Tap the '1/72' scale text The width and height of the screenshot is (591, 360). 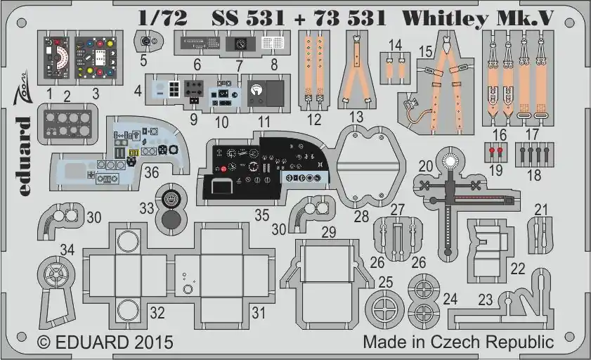[x=163, y=18]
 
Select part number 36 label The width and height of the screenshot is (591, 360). [x=152, y=172]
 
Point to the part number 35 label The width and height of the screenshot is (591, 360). [x=262, y=215]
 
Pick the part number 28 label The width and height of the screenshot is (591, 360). [x=361, y=217]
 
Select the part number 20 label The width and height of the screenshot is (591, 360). [x=426, y=166]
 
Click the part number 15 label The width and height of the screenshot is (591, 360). [x=426, y=51]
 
